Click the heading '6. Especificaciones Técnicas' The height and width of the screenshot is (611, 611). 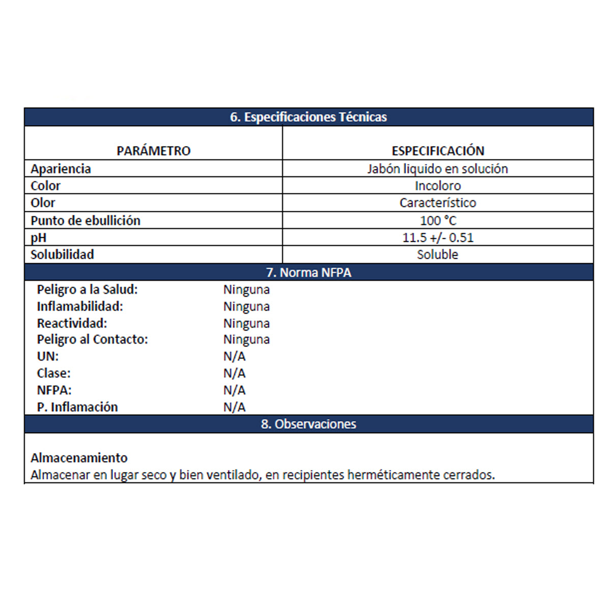click(308, 117)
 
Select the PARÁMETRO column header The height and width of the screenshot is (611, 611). click(153, 151)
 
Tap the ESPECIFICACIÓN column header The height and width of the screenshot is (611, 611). click(438, 151)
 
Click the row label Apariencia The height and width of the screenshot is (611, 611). click(61, 169)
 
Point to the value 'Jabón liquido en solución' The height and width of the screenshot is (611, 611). click(437, 169)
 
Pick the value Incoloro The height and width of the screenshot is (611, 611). click(437, 186)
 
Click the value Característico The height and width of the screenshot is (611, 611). click(437, 203)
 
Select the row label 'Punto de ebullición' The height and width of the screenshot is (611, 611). click(85, 220)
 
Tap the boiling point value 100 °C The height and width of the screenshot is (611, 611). click(438, 220)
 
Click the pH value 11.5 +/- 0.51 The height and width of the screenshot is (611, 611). click(437, 238)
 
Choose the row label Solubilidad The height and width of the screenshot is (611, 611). click(62, 255)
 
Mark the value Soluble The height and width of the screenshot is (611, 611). click(437, 255)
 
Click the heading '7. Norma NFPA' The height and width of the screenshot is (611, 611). click(309, 272)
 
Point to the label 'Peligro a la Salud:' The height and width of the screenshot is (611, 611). click(87, 290)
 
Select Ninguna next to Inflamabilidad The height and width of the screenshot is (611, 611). click(246, 307)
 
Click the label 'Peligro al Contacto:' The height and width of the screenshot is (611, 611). click(92, 340)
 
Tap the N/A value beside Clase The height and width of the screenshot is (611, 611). click(234, 373)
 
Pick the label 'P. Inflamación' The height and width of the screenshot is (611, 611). click(77, 407)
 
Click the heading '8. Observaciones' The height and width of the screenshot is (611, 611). click(309, 424)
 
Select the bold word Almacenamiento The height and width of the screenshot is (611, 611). click(79, 458)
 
